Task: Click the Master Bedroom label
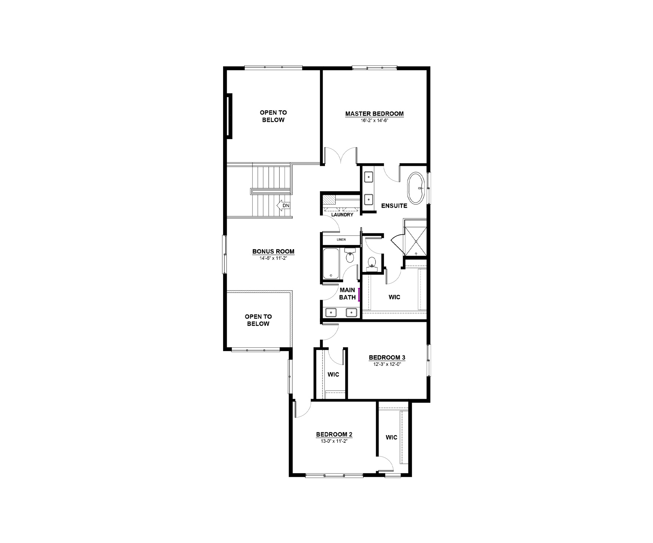[x=374, y=114]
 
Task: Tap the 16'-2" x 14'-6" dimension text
[x=374, y=120]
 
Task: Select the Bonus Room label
[x=273, y=252]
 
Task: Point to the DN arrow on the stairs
[x=284, y=206]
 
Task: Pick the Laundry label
[x=342, y=215]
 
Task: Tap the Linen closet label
[x=341, y=240]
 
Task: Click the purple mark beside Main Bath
[x=359, y=295]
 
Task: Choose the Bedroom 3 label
[x=387, y=357]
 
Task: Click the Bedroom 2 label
[x=334, y=435]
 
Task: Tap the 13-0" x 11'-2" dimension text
[x=334, y=441]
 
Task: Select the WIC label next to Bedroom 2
[x=391, y=437]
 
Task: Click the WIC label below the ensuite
[x=394, y=297]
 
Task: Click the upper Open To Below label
[x=273, y=116]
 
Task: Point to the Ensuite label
[x=394, y=206]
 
